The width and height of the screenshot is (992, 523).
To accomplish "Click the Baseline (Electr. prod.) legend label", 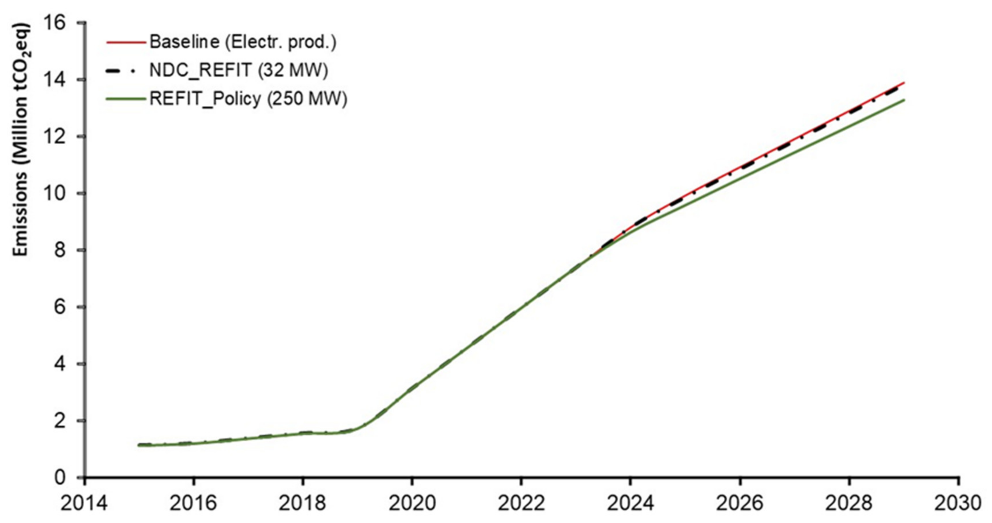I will point(243,42).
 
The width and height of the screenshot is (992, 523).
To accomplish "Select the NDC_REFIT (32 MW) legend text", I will point(239,70).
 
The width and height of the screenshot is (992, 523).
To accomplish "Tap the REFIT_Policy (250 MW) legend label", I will point(248,99).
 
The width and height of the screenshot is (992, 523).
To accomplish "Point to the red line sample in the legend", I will point(126,42).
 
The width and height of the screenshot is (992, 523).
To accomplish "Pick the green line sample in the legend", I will point(126,99).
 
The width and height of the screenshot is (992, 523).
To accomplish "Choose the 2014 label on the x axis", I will point(84,504).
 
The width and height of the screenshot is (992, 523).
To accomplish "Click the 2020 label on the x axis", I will point(412,504).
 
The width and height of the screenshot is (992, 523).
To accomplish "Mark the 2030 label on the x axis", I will point(958,504).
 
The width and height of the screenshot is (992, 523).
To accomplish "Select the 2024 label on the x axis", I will point(630,504).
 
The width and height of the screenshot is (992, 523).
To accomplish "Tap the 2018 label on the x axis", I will point(303,504).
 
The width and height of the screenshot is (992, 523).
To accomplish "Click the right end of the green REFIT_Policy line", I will point(903,100).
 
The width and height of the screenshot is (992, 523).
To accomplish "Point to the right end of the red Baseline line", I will point(903,82).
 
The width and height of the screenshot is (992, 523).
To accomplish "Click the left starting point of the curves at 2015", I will point(139,445).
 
